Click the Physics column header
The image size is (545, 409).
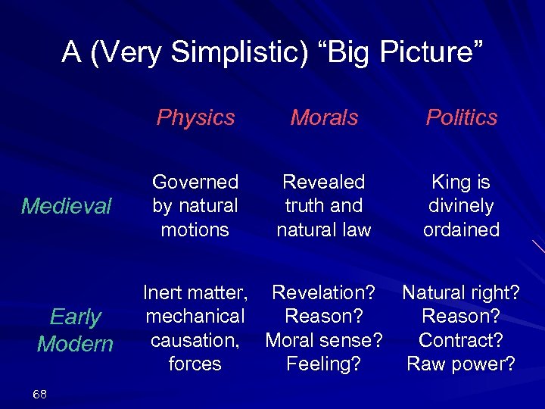[x=195, y=117]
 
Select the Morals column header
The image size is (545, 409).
[x=325, y=117]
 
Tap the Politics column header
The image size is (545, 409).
[x=461, y=117]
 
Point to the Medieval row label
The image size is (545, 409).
[x=67, y=206]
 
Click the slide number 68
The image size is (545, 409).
[x=40, y=394]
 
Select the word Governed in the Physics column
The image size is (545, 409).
[x=195, y=182]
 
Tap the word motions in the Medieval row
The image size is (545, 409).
[x=195, y=229]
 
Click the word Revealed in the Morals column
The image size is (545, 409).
[x=323, y=182]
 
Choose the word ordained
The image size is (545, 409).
[x=461, y=229]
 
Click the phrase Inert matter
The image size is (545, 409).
[x=195, y=292]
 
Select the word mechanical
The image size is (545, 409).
[x=195, y=316]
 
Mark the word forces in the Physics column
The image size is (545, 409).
[x=195, y=364]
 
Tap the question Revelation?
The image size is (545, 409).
[x=323, y=292]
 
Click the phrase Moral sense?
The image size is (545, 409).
[x=323, y=340]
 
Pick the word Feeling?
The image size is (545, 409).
[x=323, y=364]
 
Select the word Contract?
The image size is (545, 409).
[x=461, y=340]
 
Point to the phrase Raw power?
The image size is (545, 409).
[x=461, y=364]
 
